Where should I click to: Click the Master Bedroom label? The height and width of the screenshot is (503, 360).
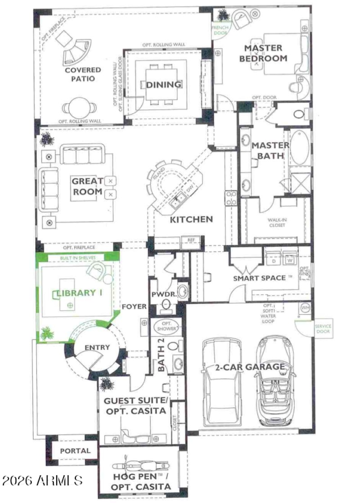pyautogui.click(x=263, y=53)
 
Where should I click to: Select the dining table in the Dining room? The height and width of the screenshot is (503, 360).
pyautogui.click(x=163, y=84)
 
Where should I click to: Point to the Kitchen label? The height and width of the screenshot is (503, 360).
pyautogui.click(x=191, y=219)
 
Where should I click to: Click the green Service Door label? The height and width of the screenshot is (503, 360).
pyautogui.click(x=322, y=328)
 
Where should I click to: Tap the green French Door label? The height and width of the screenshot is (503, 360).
pyautogui.click(x=220, y=30)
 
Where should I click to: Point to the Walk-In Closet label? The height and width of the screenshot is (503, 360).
pyautogui.click(x=277, y=222)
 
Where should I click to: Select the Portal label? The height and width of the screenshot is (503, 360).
pyautogui.click(x=75, y=451)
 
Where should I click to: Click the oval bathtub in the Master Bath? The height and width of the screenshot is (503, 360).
pyautogui.click(x=299, y=147)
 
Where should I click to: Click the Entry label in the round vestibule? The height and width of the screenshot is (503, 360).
pyautogui.click(x=97, y=347)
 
